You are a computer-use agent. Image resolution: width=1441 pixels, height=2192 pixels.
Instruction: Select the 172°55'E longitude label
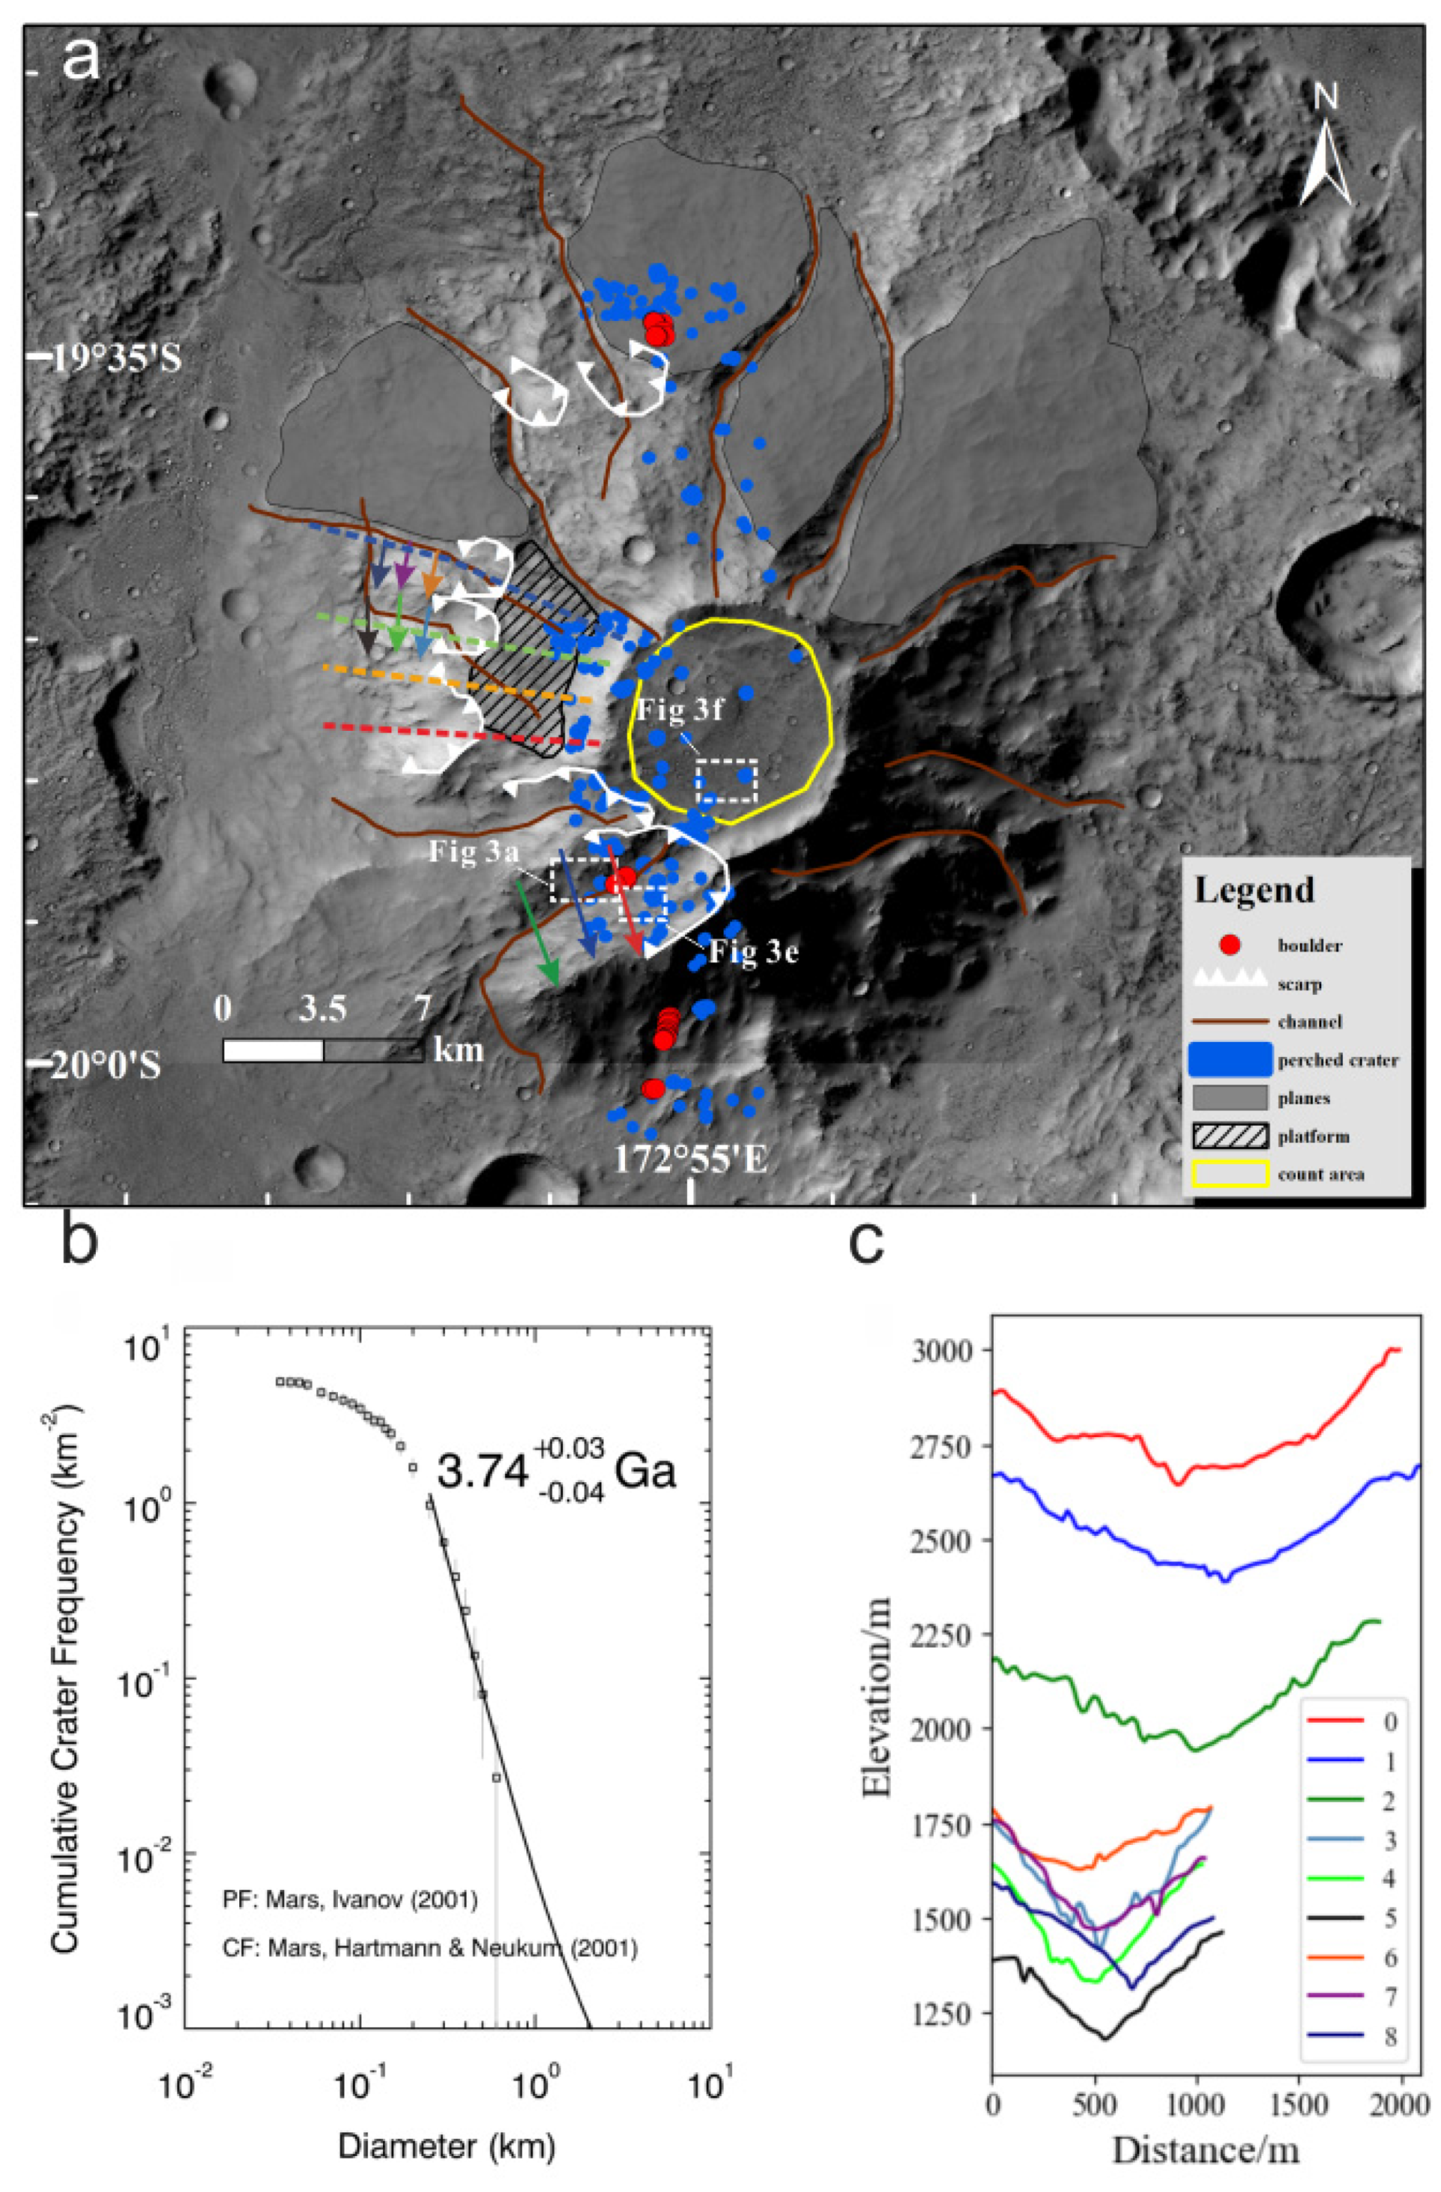tap(689, 1161)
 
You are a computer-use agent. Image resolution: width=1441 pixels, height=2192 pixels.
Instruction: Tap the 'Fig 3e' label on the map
tap(753, 952)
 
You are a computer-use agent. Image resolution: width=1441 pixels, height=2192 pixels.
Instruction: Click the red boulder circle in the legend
tap(1229, 945)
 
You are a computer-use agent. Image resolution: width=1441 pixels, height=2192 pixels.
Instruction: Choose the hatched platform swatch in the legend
tap(1230, 1136)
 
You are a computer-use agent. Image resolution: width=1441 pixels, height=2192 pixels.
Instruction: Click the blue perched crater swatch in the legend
tap(1230, 1059)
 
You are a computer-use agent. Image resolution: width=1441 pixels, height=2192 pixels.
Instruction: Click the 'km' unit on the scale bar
tap(458, 1048)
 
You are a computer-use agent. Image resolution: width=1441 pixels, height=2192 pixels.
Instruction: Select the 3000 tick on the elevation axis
tap(944, 1350)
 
